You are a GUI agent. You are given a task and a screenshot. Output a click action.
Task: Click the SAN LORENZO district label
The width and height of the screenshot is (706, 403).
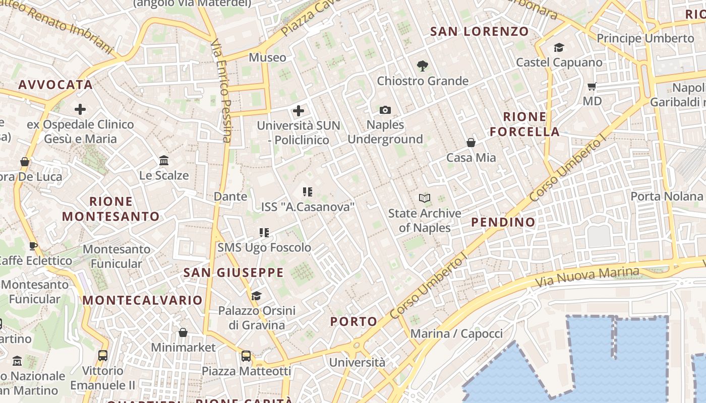click(x=480, y=31)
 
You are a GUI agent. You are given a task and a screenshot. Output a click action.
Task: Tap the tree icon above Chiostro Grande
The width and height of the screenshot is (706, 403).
click(x=422, y=65)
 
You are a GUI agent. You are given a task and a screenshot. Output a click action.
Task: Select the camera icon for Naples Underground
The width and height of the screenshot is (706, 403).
click(x=385, y=110)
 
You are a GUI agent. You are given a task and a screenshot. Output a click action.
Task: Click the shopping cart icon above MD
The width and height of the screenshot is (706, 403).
click(x=592, y=86)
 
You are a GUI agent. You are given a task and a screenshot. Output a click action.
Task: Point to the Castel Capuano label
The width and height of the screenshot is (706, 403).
click(x=559, y=62)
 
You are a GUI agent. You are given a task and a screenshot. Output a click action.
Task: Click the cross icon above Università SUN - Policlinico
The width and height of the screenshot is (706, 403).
click(x=299, y=110)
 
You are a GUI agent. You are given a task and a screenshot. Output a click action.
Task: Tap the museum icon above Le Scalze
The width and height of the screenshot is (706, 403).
click(x=164, y=161)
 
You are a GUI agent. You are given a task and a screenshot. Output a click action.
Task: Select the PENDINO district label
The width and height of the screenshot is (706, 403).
click(x=503, y=222)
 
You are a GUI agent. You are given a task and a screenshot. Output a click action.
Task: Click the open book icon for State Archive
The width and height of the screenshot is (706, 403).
click(x=425, y=198)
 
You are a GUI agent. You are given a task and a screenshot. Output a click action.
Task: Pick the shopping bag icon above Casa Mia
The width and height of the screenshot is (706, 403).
click(x=471, y=143)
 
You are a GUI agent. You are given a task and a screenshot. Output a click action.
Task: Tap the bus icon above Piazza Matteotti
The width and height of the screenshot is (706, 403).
click(x=246, y=356)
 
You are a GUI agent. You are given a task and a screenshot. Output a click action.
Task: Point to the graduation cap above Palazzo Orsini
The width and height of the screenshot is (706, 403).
click(x=257, y=296)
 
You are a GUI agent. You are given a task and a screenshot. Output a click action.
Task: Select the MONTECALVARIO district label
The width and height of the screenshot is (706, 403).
click(x=143, y=300)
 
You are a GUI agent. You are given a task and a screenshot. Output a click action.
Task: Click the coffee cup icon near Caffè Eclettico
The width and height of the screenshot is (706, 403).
click(x=33, y=246)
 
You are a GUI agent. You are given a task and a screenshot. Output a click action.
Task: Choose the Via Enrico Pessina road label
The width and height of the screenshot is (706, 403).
click(x=221, y=91)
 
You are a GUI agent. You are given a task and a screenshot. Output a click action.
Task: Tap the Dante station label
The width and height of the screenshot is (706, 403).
click(x=230, y=196)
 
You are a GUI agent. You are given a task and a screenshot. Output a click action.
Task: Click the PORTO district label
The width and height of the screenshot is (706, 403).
click(x=354, y=321)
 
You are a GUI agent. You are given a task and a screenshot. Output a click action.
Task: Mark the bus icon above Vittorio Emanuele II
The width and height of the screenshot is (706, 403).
click(x=103, y=355)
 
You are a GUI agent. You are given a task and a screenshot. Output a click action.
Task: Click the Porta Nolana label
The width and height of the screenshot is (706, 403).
click(x=666, y=196)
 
